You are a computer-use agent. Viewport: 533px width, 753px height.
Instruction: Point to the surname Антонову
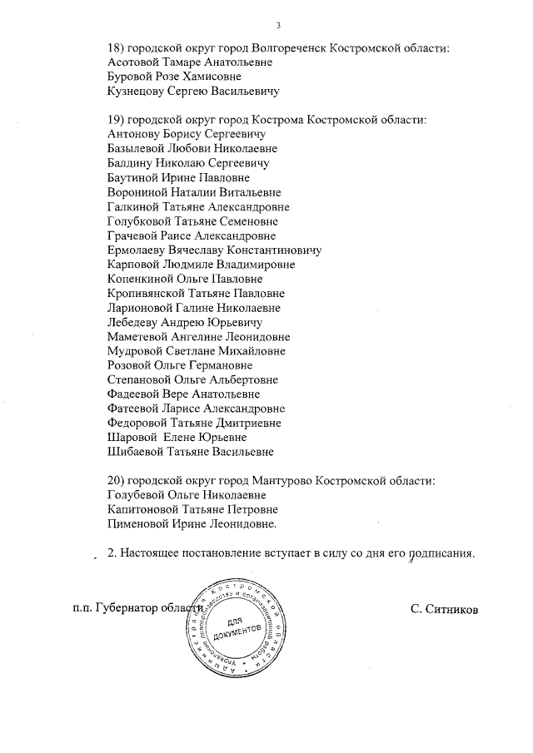click(x=137, y=135)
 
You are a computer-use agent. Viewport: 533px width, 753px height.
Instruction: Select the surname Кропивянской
click(x=151, y=294)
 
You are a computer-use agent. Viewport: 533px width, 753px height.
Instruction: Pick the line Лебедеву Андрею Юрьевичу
click(x=185, y=322)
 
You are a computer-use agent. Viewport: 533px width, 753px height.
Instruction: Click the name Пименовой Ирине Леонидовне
click(x=192, y=524)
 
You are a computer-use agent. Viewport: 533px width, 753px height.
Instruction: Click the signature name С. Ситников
click(x=444, y=608)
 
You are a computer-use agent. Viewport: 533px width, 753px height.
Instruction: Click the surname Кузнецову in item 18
click(x=138, y=91)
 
